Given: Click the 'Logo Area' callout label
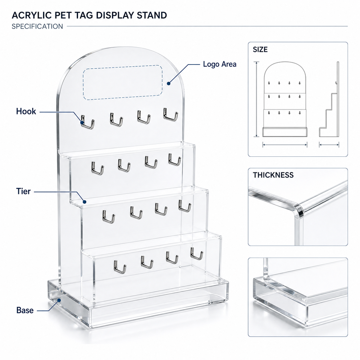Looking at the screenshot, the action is pos(219,64).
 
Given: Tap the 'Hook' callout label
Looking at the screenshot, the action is pos(26,111).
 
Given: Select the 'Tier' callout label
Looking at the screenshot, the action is pos(23,191).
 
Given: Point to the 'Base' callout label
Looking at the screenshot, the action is pos(25,310).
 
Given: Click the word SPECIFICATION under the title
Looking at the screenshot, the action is pos(37,26).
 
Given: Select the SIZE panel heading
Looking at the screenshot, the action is pos(260,49).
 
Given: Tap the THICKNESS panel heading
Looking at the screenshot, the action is pos(273,175).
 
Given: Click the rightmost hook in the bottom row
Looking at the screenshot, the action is pos(196,253).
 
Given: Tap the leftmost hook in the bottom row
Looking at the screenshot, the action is pos(120,267).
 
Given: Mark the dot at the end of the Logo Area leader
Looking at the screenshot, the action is pos(168,84).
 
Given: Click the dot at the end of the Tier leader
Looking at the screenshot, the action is pos(84,202).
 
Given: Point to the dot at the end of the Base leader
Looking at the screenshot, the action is pos(59,300).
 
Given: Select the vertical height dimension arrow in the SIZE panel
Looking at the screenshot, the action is pos(256,99).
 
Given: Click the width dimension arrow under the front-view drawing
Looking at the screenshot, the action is pos(285,145).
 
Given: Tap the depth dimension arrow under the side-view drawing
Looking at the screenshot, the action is pos(329,145).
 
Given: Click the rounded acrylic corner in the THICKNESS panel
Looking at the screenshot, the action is pos(298,210).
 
